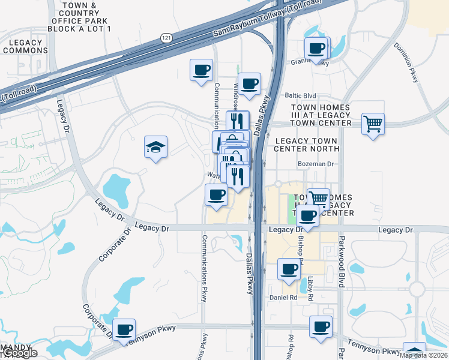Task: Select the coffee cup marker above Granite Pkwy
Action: [x=316, y=49]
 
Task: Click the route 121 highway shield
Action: [x=166, y=38]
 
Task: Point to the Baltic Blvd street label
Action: [x=300, y=95]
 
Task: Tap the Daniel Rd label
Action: [x=284, y=297]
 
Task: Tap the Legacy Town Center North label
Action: [x=306, y=145]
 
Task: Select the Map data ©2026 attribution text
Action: [x=422, y=355]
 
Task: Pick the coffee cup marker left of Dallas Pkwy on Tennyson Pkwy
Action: [x=124, y=329]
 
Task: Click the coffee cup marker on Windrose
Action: [x=249, y=83]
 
